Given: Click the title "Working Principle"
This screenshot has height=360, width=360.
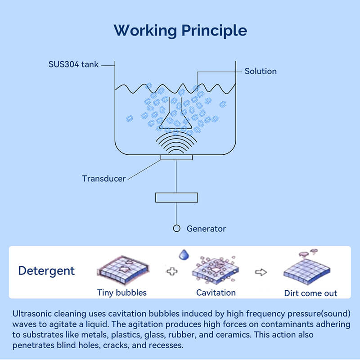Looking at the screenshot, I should point(180,31).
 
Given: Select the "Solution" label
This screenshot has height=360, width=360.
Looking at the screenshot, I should point(261,71).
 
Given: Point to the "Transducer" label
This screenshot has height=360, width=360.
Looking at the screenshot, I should point(104,179).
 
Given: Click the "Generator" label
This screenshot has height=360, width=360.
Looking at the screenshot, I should point(206,229).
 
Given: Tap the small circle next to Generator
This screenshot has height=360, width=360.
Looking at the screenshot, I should point(176,229).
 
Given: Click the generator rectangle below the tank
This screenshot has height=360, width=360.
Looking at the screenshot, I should point(176,197).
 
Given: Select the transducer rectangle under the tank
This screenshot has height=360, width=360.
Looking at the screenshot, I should point(176,157).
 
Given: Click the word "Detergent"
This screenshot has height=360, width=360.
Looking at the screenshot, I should point(46,271).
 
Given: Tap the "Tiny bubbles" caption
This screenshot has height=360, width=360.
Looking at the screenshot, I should point(122,292).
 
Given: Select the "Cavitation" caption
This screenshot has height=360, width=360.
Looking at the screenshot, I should point(216,292).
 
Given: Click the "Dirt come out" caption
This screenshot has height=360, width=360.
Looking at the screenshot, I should point(310,293).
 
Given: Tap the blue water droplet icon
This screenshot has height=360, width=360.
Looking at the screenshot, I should point(184,255).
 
